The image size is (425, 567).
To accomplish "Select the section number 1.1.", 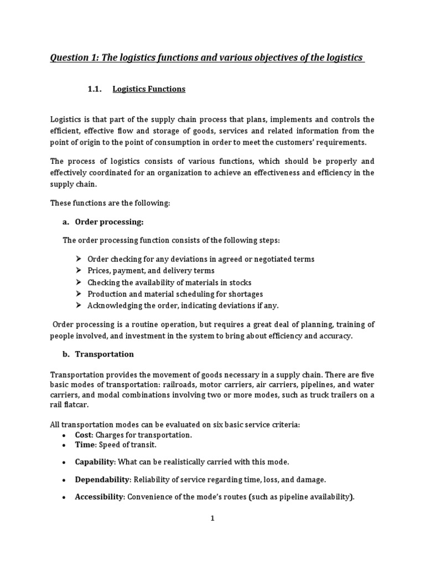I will point(96,89).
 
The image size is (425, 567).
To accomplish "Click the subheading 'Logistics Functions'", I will point(149,89).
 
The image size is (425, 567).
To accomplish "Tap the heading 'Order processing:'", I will point(109,222).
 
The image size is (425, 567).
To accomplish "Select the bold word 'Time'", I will point(84,445).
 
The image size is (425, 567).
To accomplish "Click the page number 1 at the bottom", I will point(212,518).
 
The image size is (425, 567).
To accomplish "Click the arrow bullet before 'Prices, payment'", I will point(78,271).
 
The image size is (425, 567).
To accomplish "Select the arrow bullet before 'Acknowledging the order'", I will point(78,305).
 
